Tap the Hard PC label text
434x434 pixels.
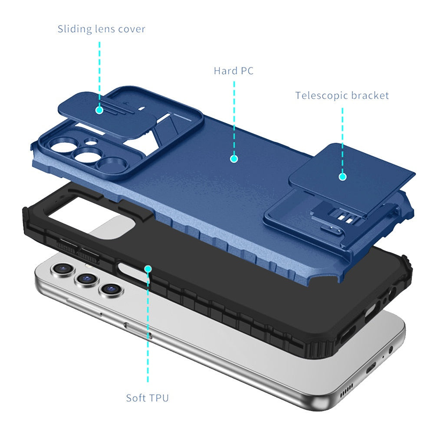pos(233,71)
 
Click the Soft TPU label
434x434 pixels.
pos(147,398)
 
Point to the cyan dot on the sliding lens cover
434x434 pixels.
pos(99,110)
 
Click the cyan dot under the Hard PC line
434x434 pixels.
pos(234,159)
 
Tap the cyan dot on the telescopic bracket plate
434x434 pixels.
pos(342,177)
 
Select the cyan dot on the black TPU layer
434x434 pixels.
pos(148,269)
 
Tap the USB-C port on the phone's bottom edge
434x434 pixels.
pos(371,369)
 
